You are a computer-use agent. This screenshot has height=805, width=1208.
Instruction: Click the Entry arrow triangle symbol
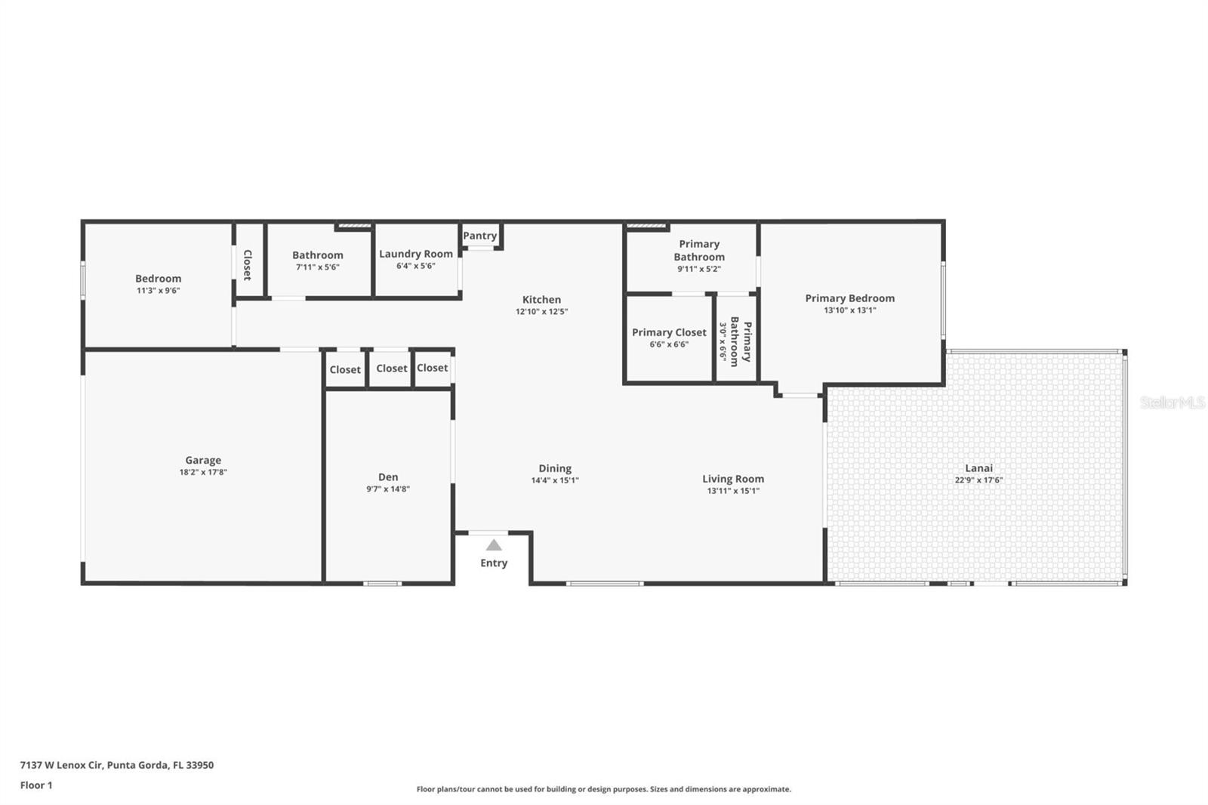[x=494, y=545]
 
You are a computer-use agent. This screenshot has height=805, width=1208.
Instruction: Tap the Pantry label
[x=480, y=236]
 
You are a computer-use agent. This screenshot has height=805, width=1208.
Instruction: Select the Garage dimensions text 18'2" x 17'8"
[x=203, y=472]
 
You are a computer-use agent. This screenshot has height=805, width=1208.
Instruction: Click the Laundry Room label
[x=416, y=254]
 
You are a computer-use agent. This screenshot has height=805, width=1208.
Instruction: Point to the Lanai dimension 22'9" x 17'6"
[x=978, y=480]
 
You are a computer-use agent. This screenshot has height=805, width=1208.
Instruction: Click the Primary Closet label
[x=669, y=332]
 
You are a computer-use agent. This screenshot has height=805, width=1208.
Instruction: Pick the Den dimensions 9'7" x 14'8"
[x=388, y=489]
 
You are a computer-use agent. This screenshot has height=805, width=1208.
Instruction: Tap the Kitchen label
[x=541, y=299]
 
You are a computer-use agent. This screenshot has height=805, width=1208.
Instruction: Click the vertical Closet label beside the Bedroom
[x=247, y=264]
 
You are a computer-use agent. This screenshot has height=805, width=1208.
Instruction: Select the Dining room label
[x=555, y=468]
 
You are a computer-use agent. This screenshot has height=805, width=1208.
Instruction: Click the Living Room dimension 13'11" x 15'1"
[x=733, y=491]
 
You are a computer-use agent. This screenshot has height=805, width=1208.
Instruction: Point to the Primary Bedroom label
[x=849, y=298]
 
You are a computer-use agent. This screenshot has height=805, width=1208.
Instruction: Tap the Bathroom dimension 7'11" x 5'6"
[x=317, y=267]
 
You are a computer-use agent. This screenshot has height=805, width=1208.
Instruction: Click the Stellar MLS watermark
[x=1173, y=402]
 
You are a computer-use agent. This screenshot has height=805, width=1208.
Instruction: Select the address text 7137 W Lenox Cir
[x=60, y=765]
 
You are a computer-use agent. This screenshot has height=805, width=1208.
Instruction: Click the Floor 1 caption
[x=36, y=785]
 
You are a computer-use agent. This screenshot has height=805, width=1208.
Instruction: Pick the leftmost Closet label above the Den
[x=345, y=369]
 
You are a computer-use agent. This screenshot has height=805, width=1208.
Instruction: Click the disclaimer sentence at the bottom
[x=604, y=789]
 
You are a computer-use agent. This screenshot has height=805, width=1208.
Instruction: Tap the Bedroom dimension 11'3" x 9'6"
[x=158, y=291]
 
